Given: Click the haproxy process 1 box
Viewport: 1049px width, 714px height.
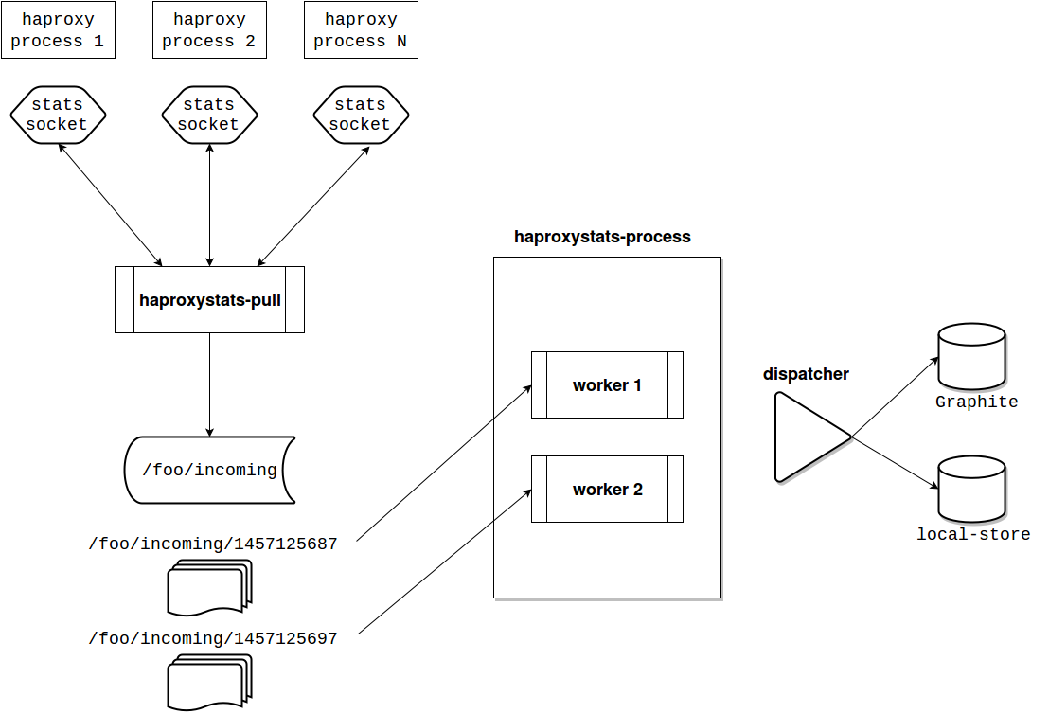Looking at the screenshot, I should tap(58, 30).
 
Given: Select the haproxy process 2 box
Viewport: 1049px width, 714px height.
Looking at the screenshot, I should tap(209, 30).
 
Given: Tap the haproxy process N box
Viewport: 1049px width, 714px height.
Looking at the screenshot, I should tap(361, 30).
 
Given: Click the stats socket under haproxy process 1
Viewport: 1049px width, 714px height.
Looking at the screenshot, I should tap(58, 115).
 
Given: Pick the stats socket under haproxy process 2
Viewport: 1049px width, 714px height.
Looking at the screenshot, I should tap(209, 115).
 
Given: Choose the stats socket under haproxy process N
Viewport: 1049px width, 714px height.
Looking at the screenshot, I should tap(361, 115).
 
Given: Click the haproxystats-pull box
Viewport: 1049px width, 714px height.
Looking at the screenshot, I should tap(209, 300).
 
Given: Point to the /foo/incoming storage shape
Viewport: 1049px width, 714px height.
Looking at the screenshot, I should tap(209, 470).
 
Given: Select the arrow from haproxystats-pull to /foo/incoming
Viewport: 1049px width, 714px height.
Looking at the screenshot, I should tap(209, 384).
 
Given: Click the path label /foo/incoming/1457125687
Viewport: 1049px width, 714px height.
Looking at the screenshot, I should tap(212, 544).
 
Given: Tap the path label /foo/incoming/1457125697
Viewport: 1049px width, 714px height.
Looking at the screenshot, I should tap(212, 638).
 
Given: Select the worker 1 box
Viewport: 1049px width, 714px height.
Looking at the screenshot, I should tap(607, 385).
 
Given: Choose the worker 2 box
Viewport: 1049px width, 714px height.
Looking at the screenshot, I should tap(607, 490).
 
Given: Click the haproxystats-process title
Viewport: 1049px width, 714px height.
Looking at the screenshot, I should tap(602, 237).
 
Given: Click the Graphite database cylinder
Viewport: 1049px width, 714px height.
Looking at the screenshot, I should tap(970, 356).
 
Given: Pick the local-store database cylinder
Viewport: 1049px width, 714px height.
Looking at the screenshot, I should tap(970, 489).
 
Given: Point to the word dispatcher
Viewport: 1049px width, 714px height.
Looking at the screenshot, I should tap(806, 374).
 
